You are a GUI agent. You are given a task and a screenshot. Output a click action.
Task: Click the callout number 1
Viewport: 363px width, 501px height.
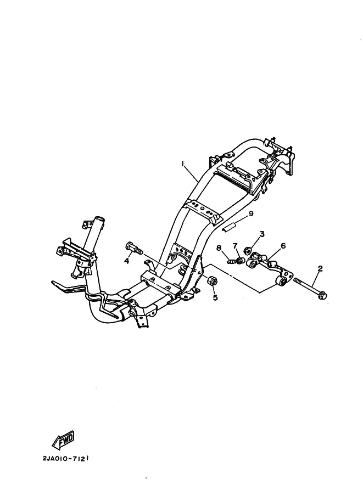coord(183,164)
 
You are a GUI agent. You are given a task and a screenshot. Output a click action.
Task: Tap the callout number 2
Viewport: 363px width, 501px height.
coord(320,268)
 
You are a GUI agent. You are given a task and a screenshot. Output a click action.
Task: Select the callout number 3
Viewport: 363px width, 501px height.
coord(262,234)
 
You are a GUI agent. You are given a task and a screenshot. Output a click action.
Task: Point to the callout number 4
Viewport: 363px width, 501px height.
coord(127,261)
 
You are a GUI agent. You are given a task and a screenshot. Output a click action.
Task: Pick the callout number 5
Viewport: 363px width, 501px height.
coord(215,297)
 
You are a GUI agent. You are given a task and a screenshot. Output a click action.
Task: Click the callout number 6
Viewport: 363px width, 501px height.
coord(283,246)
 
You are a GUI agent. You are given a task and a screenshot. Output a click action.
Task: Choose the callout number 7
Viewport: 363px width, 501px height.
coord(235,246)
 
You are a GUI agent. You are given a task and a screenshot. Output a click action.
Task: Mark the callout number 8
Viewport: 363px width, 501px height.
coord(219,247)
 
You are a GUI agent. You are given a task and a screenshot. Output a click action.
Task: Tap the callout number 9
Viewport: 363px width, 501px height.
coord(251,213)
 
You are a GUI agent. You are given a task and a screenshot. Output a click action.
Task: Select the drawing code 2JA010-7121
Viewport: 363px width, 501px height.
coord(65,459)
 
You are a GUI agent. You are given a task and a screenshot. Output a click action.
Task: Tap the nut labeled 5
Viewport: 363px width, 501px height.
coord(212,281)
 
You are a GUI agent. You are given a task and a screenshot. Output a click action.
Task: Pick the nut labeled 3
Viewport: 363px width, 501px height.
coord(248,250)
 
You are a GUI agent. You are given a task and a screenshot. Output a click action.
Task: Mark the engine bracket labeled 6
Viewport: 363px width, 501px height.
coord(270,268)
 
